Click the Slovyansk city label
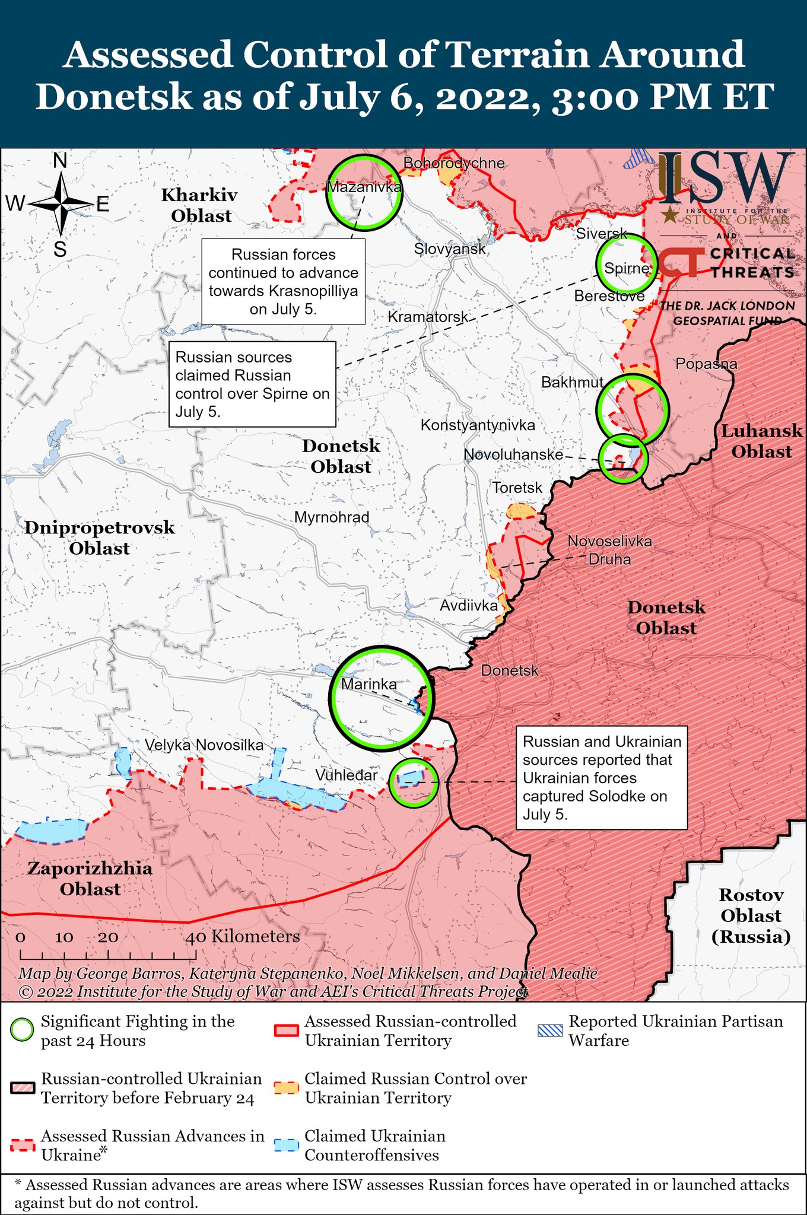[x=450, y=249]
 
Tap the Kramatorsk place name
[x=428, y=317]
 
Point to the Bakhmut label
[x=572, y=382]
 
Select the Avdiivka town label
[x=468, y=606]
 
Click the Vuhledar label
[x=346, y=775]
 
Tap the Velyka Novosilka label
[x=204, y=745]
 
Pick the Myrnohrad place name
[x=332, y=517]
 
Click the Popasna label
[x=706, y=364]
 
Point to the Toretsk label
[x=517, y=488]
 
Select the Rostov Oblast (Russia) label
[x=751, y=915]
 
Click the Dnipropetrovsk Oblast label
[x=100, y=537]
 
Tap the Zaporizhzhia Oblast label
[x=90, y=879]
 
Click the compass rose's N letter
[x=60, y=161]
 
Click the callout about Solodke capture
[x=601, y=777]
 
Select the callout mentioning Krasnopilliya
[x=283, y=281]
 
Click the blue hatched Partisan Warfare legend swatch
[x=549, y=1030]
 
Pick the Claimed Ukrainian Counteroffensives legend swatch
[x=286, y=1145]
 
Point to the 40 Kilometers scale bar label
[x=243, y=937]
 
